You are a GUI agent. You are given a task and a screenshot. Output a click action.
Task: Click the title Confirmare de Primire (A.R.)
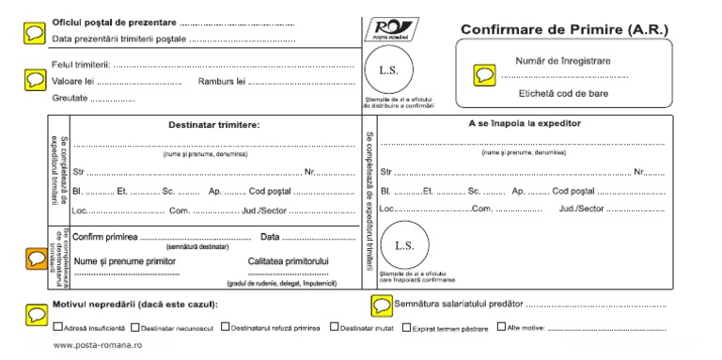coord(564,29)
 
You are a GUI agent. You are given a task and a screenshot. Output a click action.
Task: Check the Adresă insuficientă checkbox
coord(58,328)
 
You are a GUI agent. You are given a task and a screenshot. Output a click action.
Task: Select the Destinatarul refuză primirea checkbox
coord(225,328)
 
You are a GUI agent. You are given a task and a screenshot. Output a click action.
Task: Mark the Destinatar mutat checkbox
coord(335,328)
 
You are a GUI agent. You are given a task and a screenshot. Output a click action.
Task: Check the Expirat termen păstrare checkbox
coord(406,328)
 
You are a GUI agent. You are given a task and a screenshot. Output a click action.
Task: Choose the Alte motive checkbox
coord(501,328)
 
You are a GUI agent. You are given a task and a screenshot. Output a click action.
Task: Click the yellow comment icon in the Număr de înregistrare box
coord(484,73)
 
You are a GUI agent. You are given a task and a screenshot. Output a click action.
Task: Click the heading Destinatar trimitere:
coord(214,125)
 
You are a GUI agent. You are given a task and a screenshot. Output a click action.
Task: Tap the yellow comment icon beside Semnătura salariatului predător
coord(382,305)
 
